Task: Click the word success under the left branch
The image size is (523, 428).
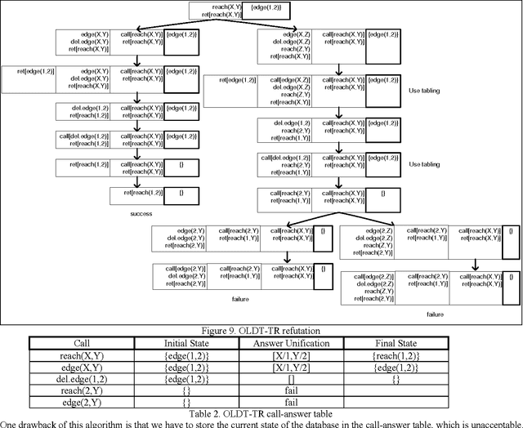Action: [x=141, y=214]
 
